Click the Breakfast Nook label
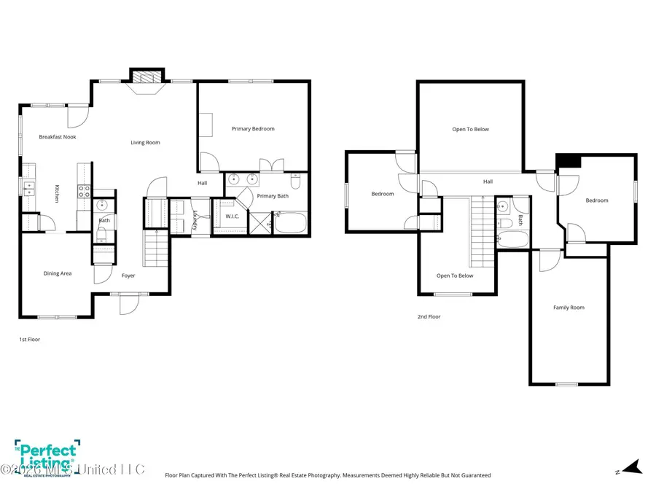(x=58, y=137)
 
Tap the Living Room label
(x=145, y=143)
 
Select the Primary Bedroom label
(x=253, y=129)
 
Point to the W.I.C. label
(x=233, y=216)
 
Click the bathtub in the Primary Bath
(x=292, y=222)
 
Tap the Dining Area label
(x=58, y=273)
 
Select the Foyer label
(x=128, y=276)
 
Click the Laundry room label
(x=196, y=220)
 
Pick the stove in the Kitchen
(x=85, y=192)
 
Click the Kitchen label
(x=57, y=195)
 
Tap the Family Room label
(x=569, y=308)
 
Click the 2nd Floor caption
(x=429, y=317)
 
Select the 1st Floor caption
(x=29, y=340)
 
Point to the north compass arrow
(x=630, y=466)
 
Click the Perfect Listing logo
(x=46, y=456)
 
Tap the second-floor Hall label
(x=488, y=181)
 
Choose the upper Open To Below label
(x=470, y=130)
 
